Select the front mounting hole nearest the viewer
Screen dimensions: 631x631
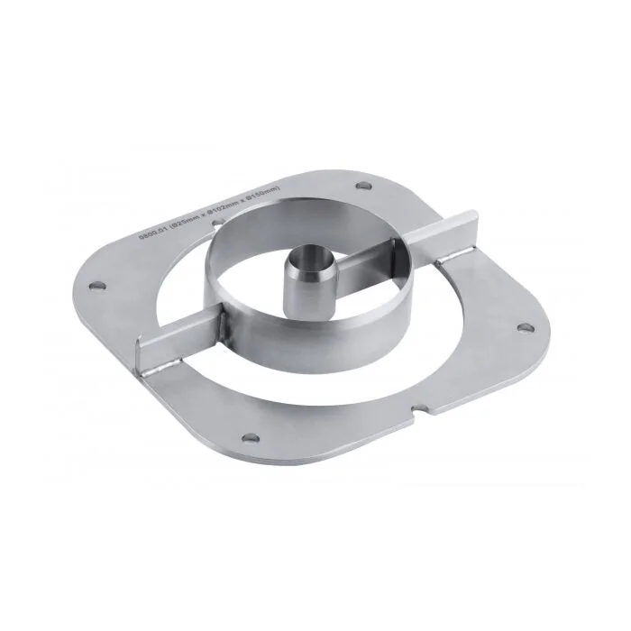254,438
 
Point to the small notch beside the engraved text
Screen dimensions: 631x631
210,217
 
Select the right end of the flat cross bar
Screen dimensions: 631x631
471,220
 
